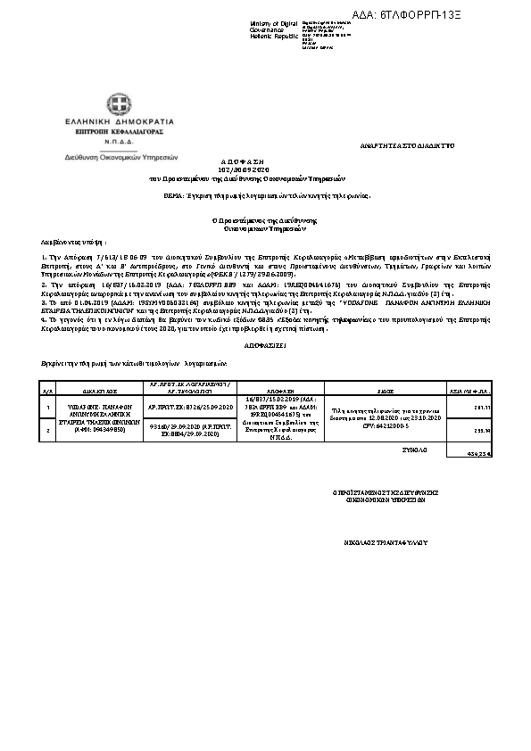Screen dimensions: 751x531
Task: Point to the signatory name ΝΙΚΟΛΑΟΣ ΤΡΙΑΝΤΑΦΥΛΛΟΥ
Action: click(x=380, y=541)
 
